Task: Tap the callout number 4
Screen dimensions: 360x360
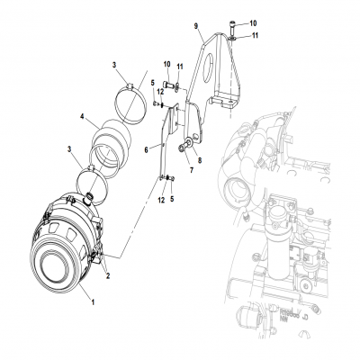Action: pos(83,117)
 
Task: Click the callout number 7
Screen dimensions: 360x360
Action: pos(192,168)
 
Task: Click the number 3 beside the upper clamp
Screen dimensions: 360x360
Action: pos(114,65)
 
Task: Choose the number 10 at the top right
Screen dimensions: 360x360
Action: pos(253,21)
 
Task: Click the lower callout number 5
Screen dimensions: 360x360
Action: pos(171,200)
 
